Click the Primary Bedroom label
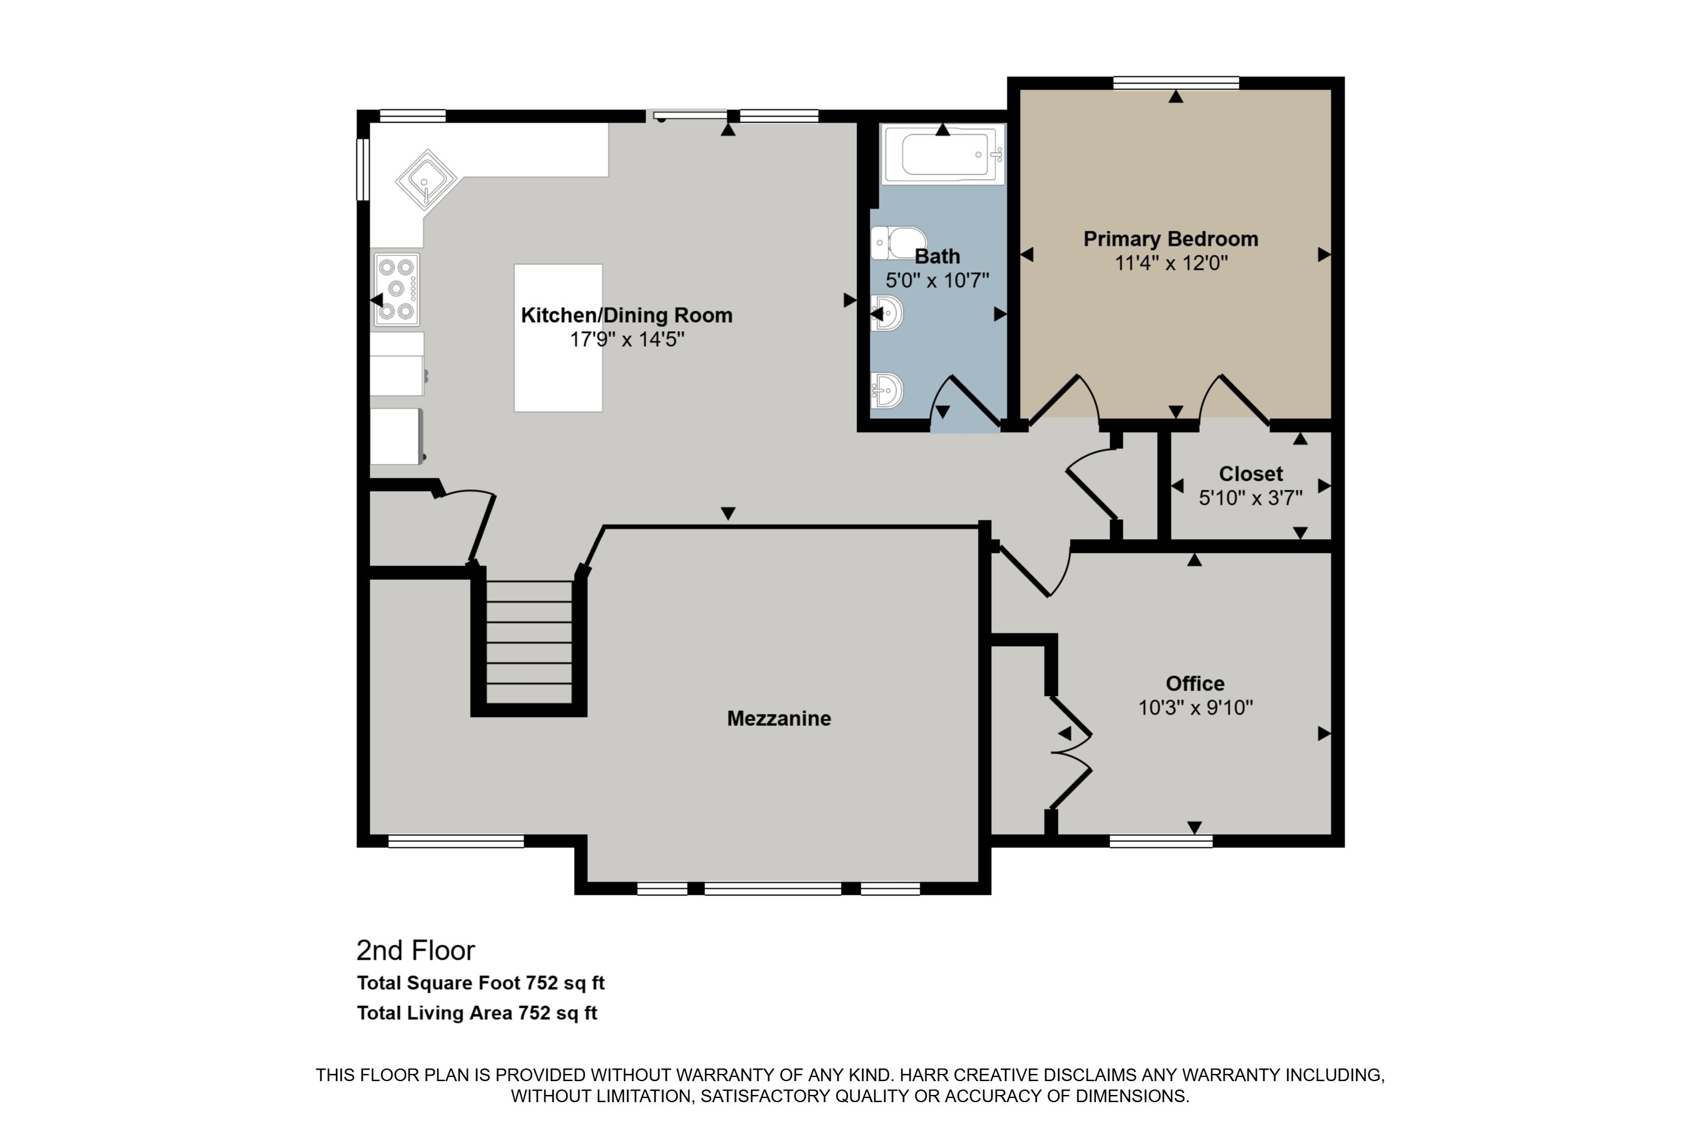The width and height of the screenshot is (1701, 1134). pyautogui.click(x=1170, y=239)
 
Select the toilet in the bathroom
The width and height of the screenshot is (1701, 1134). pyautogui.click(x=900, y=242)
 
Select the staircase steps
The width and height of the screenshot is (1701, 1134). pyautogui.click(x=529, y=642)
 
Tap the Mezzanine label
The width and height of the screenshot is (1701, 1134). pyautogui.click(x=778, y=718)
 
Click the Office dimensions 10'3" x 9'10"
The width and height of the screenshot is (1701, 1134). pyautogui.click(x=1195, y=707)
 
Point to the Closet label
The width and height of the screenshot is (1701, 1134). pyautogui.click(x=1250, y=474)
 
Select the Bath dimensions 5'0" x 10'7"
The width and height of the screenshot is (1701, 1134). pyautogui.click(x=936, y=280)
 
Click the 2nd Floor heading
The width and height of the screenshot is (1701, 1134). pyautogui.click(x=415, y=950)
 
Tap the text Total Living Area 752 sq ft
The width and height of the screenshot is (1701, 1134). pyautogui.click(x=477, y=1013)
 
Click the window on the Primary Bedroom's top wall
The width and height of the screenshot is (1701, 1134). pyautogui.click(x=1175, y=83)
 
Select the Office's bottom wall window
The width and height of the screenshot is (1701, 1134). pyautogui.click(x=1160, y=841)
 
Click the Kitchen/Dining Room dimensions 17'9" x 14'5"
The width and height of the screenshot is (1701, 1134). pyautogui.click(x=626, y=338)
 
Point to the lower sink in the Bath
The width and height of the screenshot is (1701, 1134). pyautogui.click(x=887, y=391)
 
